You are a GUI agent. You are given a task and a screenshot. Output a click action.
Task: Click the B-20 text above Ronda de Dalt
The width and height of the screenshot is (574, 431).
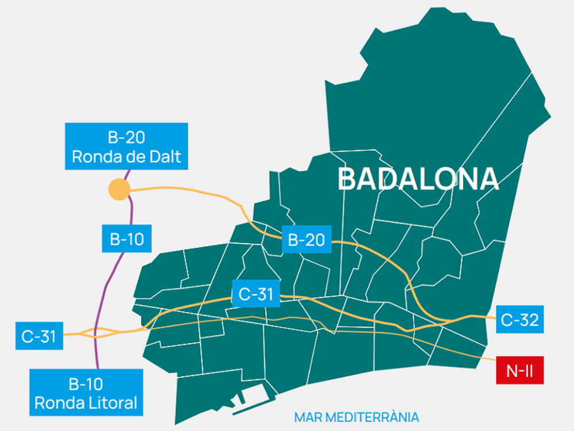click(x=126, y=138)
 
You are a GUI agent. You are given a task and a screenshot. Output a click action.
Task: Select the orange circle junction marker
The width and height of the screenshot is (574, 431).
click(x=119, y=190)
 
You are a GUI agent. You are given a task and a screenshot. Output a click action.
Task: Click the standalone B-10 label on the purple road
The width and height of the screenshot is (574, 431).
click(x=126, y=238)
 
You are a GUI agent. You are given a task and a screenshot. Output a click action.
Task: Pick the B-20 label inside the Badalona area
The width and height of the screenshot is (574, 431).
click(x=307, y=240)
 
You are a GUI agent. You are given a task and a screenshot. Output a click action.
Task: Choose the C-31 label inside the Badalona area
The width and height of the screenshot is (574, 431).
click(x=255, y=294)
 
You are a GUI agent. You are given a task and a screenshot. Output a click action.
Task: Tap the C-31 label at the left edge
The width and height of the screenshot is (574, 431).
click(x=39, y=336)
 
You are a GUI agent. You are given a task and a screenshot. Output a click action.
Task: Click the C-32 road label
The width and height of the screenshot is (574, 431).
click(x=519, y=320)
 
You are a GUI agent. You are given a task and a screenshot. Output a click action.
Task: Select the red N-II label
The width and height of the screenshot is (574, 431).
click(x=519, y=371)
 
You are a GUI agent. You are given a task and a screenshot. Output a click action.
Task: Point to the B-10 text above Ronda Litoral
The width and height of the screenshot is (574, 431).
click(x=86, y=384)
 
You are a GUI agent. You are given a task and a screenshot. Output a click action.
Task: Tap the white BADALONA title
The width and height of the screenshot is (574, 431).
click(x=418, y=179)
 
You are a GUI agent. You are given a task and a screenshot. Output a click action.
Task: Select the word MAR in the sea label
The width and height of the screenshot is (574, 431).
click(x=306, y=417)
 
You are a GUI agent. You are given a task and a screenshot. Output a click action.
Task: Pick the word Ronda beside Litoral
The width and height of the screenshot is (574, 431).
click(x=56, y=403)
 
